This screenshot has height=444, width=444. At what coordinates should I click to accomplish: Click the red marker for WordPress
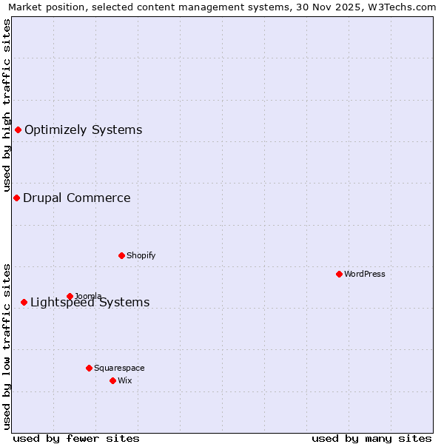pyautogui.click(x=339, y=274)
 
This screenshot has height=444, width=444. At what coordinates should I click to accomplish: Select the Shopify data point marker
pyautogui.click(x=121, y=255)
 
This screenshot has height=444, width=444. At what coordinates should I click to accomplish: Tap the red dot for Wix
pyautogui.click(x=112, y=380)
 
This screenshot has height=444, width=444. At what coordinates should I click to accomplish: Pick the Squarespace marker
pyautogui.click(x=89, y=368)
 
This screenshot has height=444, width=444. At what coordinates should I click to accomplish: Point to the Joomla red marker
pyautogui.click(x=70, y=296)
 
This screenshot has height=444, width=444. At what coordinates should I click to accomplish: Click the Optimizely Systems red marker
pyautogui.click(x=18, y=130)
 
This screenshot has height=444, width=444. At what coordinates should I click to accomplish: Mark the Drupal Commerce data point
pyautogui.click(x=16, y=198)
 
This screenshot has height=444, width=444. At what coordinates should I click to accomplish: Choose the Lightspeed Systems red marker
pyautogui.click(x=24, y=302)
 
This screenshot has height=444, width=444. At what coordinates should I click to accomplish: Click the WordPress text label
pyautogui.click(x=365, y=274)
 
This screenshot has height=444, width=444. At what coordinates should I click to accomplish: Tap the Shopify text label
pyautogui.click(x=141, y=255)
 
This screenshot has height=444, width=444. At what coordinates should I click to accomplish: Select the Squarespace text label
pyautogui.click(x=119, y=368)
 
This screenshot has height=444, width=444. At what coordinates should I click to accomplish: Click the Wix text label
pyautogui.click(x=125, y=380)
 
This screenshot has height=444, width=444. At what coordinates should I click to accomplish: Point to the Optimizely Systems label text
pyautogui.click(x=83, y=130)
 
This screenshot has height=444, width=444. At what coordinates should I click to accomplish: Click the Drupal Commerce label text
pyautogui.click(x=76, y=198)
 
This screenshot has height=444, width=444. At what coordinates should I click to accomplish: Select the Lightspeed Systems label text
pyautogui.click(x=90, y=302)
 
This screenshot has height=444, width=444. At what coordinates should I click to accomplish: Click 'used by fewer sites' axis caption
pyautogui.click(x=76, y=438)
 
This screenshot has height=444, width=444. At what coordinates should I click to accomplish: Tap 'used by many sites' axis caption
pyautogui.click(x=371, y=438)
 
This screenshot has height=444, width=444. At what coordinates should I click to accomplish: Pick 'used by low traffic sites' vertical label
pyautogui.click(x=7, y=346)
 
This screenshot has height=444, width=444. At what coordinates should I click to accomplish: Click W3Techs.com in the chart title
pyautogui.click(x=404, y=7)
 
